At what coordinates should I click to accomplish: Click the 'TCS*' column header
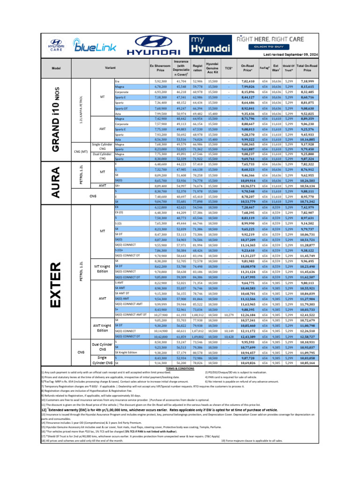click(228, 68)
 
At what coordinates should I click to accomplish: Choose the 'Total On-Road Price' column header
click(307, 68)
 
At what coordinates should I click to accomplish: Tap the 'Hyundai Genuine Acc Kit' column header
click(212, 68)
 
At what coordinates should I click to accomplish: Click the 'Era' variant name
click(117, 82)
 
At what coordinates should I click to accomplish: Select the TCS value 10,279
click(229, 315)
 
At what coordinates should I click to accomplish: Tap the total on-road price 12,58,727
click(307, 337)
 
